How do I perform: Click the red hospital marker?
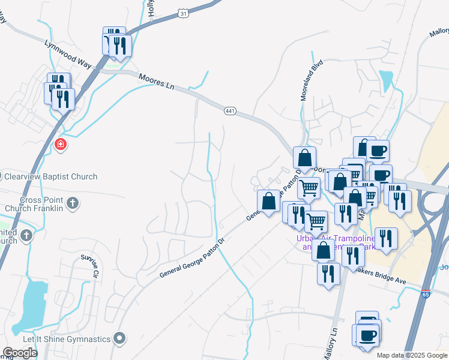click(59, 144)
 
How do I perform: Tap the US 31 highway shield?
click(184, 13)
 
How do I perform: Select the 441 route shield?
click(230, 111)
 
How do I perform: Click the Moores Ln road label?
click(155, 82)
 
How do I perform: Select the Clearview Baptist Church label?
click(50, 176)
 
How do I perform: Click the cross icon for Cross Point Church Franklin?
click(72, 202)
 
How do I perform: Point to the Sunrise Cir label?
click(89, 267)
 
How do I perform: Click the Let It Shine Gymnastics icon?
click(120, 338)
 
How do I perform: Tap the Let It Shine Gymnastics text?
click(67, 339)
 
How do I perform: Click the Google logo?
click(20, 353)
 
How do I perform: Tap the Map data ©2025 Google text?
click(412, 355)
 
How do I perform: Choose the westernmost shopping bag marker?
click(268, 200)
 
